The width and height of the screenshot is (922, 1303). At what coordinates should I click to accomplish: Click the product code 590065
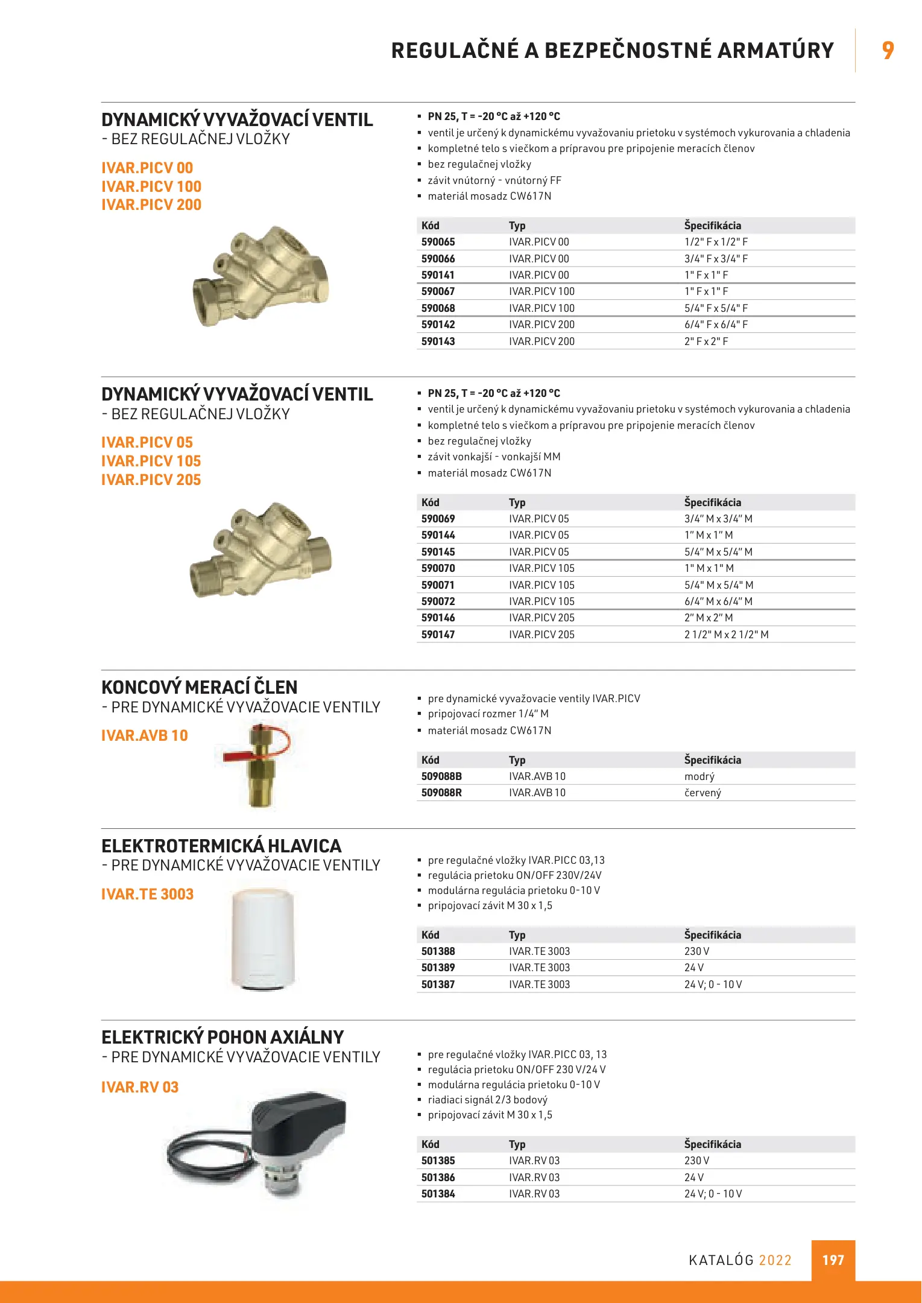[x=438, y=242]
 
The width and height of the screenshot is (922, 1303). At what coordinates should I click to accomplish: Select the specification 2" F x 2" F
[x=706, y=341]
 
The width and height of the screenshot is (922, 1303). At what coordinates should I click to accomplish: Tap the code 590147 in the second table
[x=438, y=635]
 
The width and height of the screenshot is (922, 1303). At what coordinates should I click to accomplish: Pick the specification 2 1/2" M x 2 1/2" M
[x=726, y=635]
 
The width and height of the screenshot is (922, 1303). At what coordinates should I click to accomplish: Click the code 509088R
[x=441, y=793]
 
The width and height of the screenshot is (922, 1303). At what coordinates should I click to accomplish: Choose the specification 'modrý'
[x=699, y=776]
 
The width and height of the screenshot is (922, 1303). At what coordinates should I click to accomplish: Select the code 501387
[x=438, y=984]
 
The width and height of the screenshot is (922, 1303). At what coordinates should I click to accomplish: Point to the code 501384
[x=438, y=1194]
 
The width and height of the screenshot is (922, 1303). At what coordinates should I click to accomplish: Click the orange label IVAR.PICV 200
[x=151, y=205]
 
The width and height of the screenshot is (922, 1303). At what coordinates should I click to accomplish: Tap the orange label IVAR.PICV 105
[x=151, y=461]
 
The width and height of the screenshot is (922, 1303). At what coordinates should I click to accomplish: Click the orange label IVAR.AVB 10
[x=145, y=736]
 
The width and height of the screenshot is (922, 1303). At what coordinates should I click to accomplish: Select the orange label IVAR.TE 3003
[x=147, y=895]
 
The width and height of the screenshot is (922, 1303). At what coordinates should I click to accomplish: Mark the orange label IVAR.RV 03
[x=140, y=1088]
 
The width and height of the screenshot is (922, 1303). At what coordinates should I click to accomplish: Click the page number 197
[x=833, y=1260]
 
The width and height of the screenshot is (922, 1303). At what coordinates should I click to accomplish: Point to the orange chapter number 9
[x=888, y=51]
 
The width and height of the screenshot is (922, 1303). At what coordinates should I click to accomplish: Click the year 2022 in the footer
[x=775, y=1260]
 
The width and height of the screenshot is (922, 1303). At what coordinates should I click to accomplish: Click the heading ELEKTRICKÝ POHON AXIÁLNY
[x=223, y=1038]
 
